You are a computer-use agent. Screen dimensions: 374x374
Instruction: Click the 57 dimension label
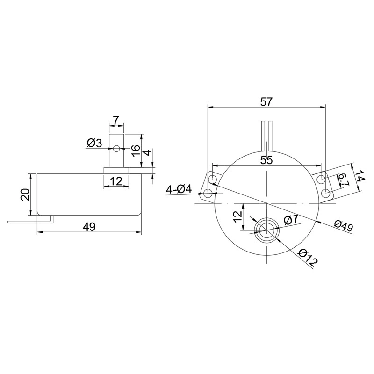(266, 102)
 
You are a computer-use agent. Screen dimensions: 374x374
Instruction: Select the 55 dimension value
(266, 160)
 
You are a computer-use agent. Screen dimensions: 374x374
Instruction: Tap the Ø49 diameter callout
(343, 226)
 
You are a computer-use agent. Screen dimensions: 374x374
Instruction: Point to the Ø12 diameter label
(308, 258)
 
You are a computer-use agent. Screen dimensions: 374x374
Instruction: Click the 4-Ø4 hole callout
(179, 190)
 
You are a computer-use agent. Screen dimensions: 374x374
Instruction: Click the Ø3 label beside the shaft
(94, 143)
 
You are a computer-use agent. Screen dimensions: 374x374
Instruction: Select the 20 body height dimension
(25, 194)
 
